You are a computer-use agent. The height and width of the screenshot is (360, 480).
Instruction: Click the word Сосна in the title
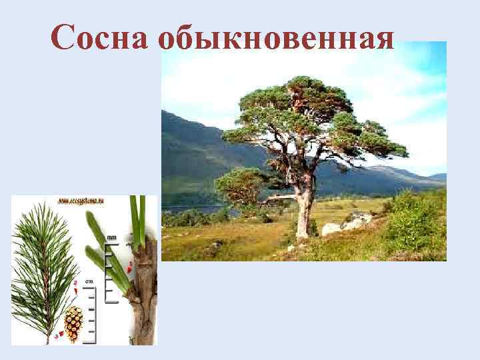pos(99,38)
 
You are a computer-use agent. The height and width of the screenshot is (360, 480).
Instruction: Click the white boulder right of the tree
pos(331,229)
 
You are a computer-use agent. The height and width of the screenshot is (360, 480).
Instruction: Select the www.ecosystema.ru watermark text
pos(84,200)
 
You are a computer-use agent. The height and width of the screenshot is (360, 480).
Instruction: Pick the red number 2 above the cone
pos(75,283)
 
